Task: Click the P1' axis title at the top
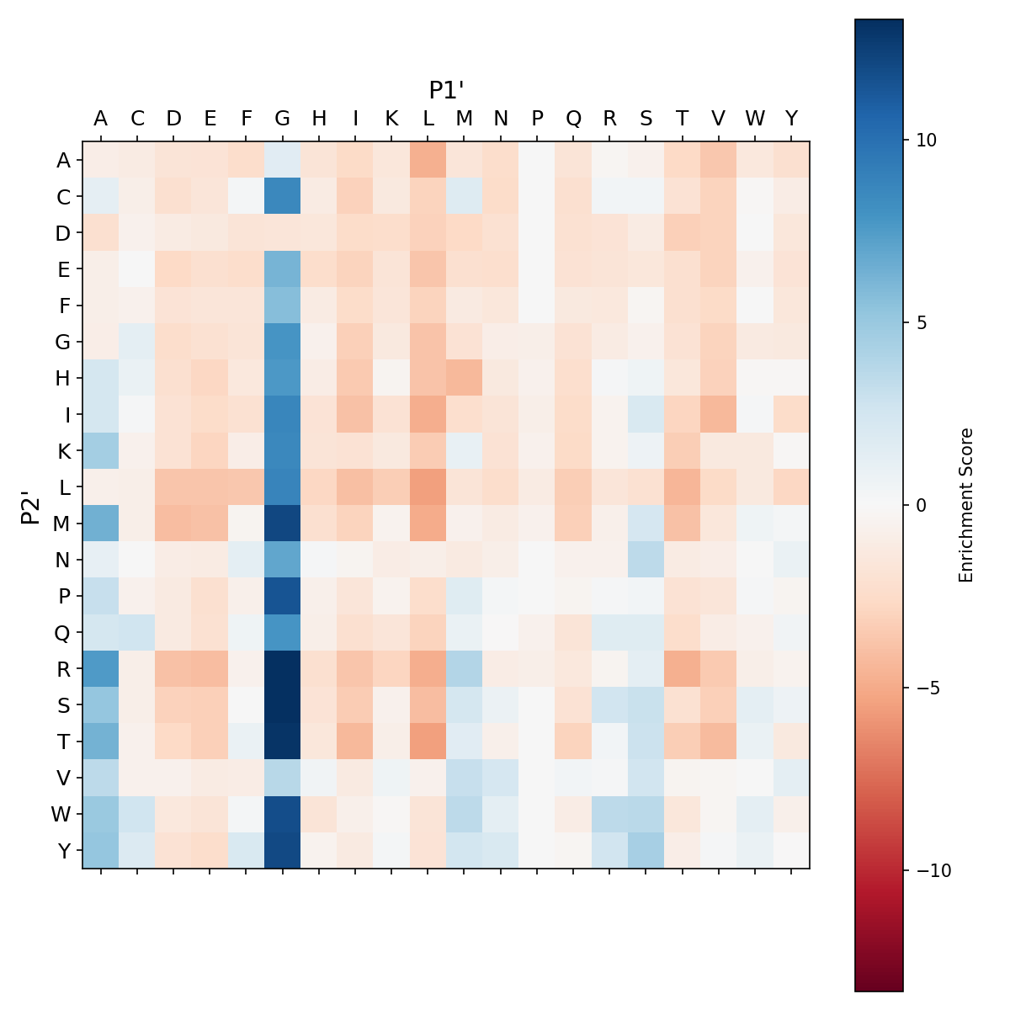click(447, 90)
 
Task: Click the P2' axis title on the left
click(30, 505)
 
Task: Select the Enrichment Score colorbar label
click(966, 505)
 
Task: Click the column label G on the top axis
click(283, 119)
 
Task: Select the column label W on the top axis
click(755, 119)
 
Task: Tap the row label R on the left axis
click(63, 669)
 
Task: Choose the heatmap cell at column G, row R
click(283, 669)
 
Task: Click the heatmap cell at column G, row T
click(283, 742)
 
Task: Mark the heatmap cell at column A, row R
click(101, 669)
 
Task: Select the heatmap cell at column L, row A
click(428, 160)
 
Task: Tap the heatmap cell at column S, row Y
click(646, 851)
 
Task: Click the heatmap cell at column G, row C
click(283, 196)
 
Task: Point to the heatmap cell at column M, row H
click(465, 378)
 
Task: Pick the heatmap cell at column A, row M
click(101, 524)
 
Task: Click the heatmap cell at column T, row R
click(683, 669)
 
